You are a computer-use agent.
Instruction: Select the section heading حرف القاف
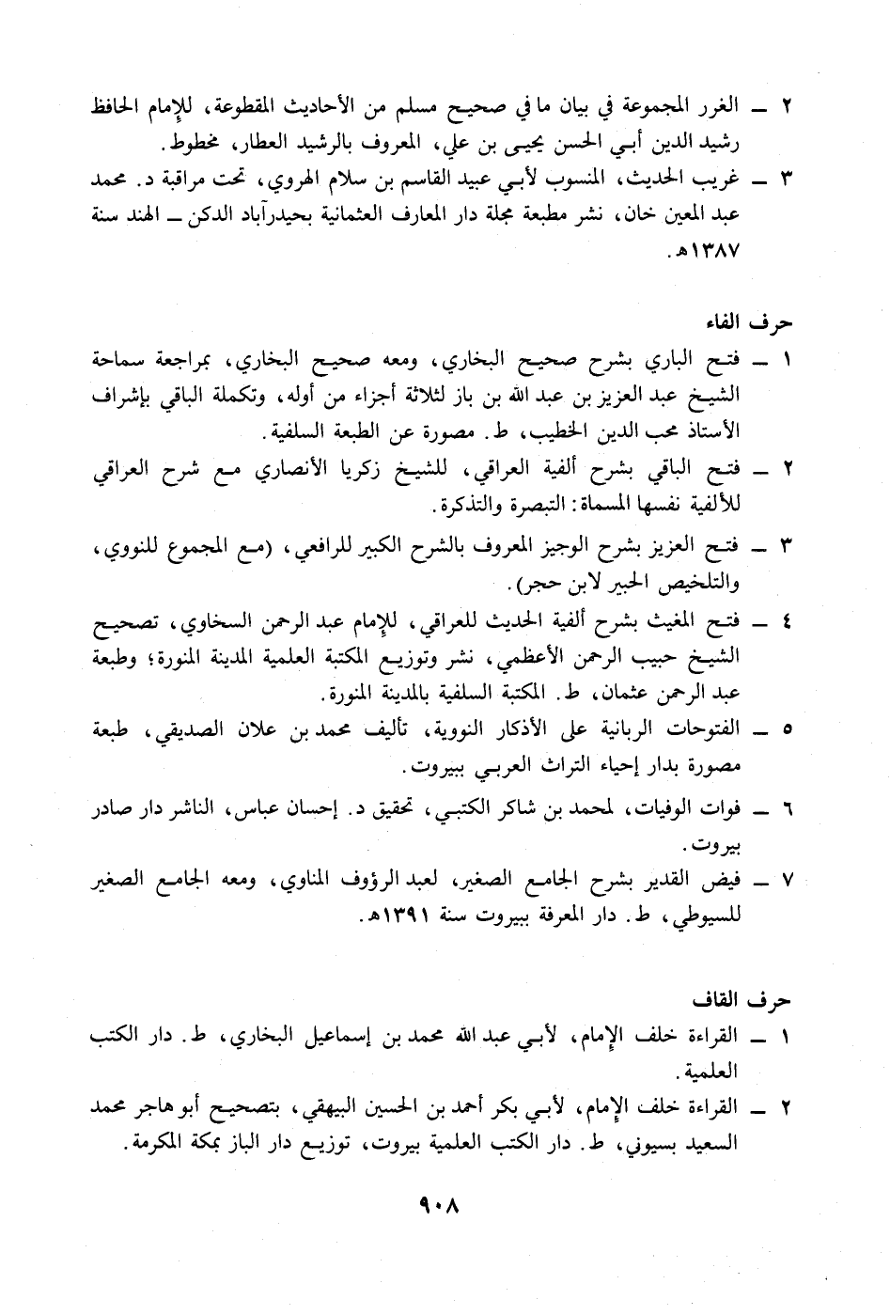(x=758, y=997)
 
